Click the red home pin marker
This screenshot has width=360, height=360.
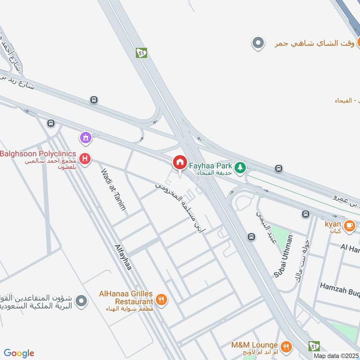pos(180,162)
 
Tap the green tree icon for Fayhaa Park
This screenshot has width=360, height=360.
pos(241,167)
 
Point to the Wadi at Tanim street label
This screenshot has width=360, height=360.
pos(113,189)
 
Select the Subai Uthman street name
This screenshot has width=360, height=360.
pos(283,256)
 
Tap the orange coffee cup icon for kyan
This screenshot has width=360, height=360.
pos(349,225)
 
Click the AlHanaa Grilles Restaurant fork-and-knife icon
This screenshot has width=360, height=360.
pos(161,300)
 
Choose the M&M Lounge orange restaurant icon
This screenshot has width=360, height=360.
pos(285,346)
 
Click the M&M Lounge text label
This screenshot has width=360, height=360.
pos(254,345)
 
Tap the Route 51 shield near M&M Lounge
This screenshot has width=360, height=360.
pos(314,346)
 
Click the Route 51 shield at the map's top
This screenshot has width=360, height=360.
pos(141,53)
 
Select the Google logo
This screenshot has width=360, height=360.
pos(19,353)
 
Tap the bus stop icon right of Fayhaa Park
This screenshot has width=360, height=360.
pos(279,169)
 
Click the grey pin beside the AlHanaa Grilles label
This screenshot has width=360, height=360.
pos(81,300)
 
